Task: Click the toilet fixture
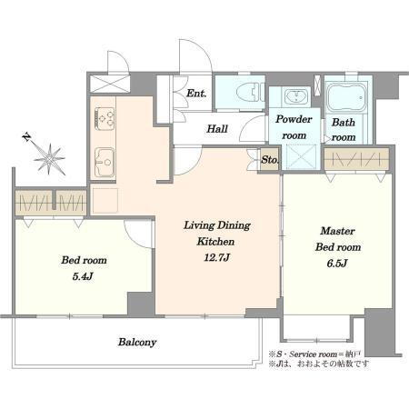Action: pyautogui.click(x=248, y=92)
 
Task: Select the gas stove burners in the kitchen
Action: pyautogui.click(x=105, y=119)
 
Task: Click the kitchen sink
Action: pyautogui.click(x=105, y=162)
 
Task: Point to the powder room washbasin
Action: pyautogui.click(x=295, y=96)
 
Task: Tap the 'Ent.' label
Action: pyautogui.click(x=196, y=94)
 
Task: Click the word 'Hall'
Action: pyautogui.click(x=217, y=129)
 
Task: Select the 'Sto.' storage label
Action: pyautogui.click(x=270, y=160)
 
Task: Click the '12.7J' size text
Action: pyautogui.click(x=217, y=258)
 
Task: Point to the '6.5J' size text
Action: pyautogui.click(x=337, y=264)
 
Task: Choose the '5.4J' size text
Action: pyautogui.click(x=83, y=276)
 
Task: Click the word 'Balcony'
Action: pyautogui.click(x=137, y=343)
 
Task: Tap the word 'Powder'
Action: pyautogui.click(x=294, y=119)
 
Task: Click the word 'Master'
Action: pyautogui.click(x=337, y=231)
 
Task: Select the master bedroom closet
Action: pyautogui.click(x=356, y=159)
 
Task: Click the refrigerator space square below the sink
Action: pyautogui.click(x=105, y=200)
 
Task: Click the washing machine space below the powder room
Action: pyautogui.click(x=301, y=156)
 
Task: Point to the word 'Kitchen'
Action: pyautogui.click(x=215, y=242)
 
